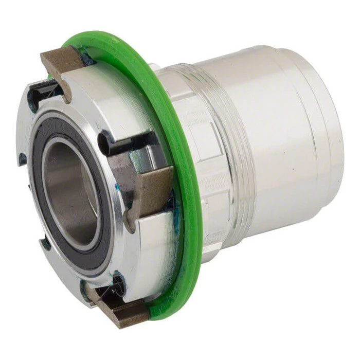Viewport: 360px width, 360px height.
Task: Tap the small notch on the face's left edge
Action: coord(23,159)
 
